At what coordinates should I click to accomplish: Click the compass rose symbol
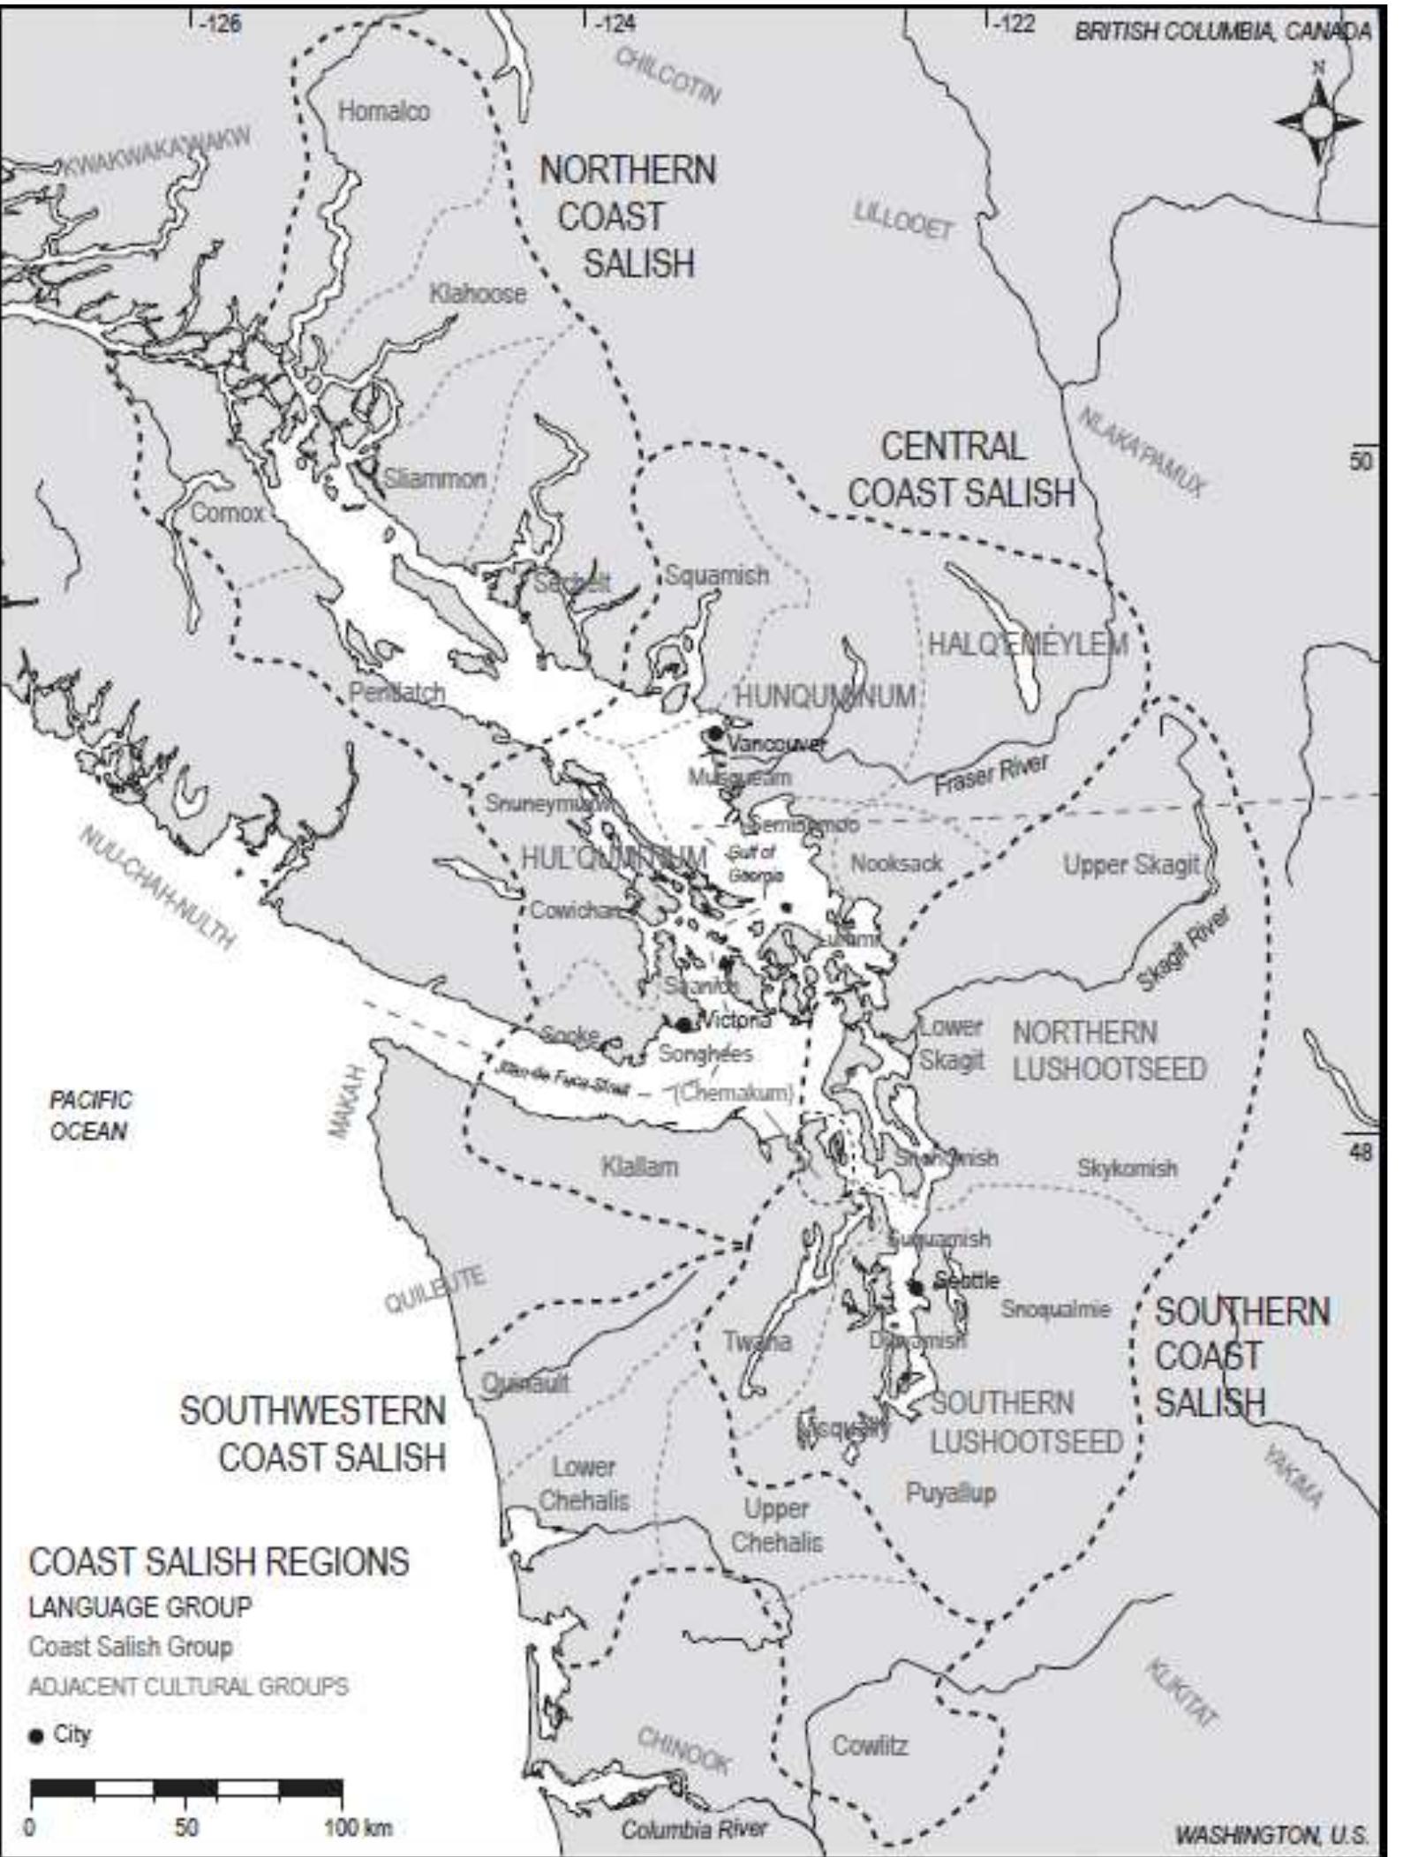tap(1317, 121)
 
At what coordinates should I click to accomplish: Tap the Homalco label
tap(384, 111)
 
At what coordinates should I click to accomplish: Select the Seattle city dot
tap(916, 1288)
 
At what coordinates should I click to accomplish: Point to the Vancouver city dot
tap(715, 733)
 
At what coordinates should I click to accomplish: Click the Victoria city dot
tap(683, 1025)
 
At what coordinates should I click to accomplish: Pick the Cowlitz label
tap(870, 1745)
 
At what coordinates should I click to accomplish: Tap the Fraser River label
tap(991, 773)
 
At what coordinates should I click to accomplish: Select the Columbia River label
tap(694, 1830)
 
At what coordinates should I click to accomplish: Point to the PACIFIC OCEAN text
tap(89, 1116)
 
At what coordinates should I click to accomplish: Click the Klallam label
tap(640, 1167)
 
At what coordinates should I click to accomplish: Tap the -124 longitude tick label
tap(615, 24)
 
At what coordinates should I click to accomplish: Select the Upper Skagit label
tap(1131, 865)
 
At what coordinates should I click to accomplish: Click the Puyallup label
tap(951, 1493)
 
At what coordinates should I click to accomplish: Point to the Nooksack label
tap(896, 863)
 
